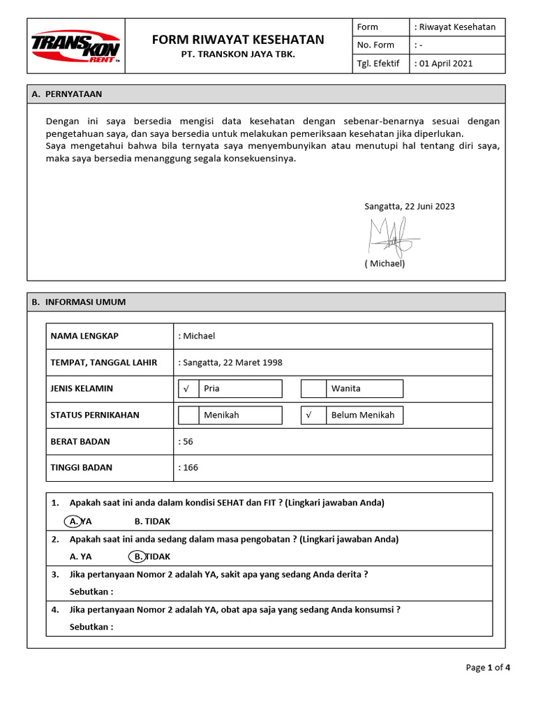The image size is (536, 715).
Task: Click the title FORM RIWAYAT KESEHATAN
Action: pyautogui.click(x=238, y=40)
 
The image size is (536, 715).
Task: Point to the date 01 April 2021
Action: pyautogui.click(x=445, y=64)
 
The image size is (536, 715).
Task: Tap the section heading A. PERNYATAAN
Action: pyautogui.click(x=72, y=94)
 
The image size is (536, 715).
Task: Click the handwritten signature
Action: pyautogui.click(x=393, y=236)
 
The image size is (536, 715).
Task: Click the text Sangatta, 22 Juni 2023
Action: pyautogui.click(x=410, y=207)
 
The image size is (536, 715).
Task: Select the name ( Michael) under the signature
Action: pyautogui.click(x=385, y=264)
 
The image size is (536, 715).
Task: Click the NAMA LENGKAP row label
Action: pyautogui.click(x=84, y=336)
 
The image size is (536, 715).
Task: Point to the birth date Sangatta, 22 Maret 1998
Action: pyautogui.click(x=231, y=362)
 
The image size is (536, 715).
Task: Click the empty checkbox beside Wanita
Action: pyautogui.click(x=313, y=388)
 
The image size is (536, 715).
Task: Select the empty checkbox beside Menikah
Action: pyautogui.click(x=188, y=415)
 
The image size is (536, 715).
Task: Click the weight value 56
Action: pyautogui.click(x=188, y=441)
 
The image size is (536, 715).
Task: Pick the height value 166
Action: pyautogui.click(x=190, y=467)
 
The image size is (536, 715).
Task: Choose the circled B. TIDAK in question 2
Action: pyautogui.click(x=139, y=556)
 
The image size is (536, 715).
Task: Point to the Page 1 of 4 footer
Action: pyautogui.click(x=488, y=668)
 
